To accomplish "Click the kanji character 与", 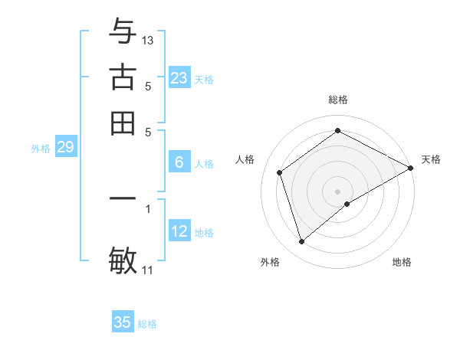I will (123, 33).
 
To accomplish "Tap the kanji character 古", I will (123, 79).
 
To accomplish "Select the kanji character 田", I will (123, 123).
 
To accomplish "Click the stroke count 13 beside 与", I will (148, 40).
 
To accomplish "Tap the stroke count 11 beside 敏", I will (148, 270).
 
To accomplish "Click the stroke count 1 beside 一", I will (148, 208).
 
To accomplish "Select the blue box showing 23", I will (179, 78).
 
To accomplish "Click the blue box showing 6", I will (179, 162).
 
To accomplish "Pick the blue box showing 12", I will (179, 231).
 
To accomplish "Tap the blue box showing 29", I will (65, 148).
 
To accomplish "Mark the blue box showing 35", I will (123, 322).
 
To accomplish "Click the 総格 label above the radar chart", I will (338, 100).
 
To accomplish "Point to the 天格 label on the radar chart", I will (431, 159).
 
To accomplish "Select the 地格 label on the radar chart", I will (402, 263).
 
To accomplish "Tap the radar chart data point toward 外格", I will (302, 242).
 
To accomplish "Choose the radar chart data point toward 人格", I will (280, 172).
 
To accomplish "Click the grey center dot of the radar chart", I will (338, 191).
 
